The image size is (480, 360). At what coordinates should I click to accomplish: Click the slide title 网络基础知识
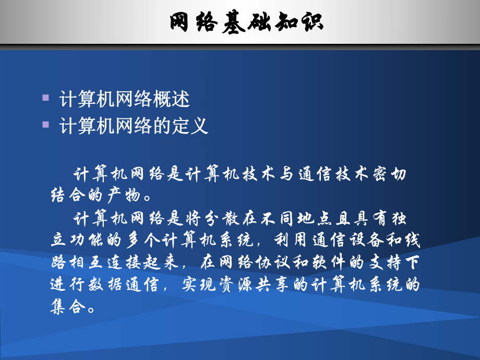coord(246,22)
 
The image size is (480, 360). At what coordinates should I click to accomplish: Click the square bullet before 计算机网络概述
coord(46,98)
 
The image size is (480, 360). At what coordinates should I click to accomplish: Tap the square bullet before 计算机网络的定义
coord(46,125)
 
